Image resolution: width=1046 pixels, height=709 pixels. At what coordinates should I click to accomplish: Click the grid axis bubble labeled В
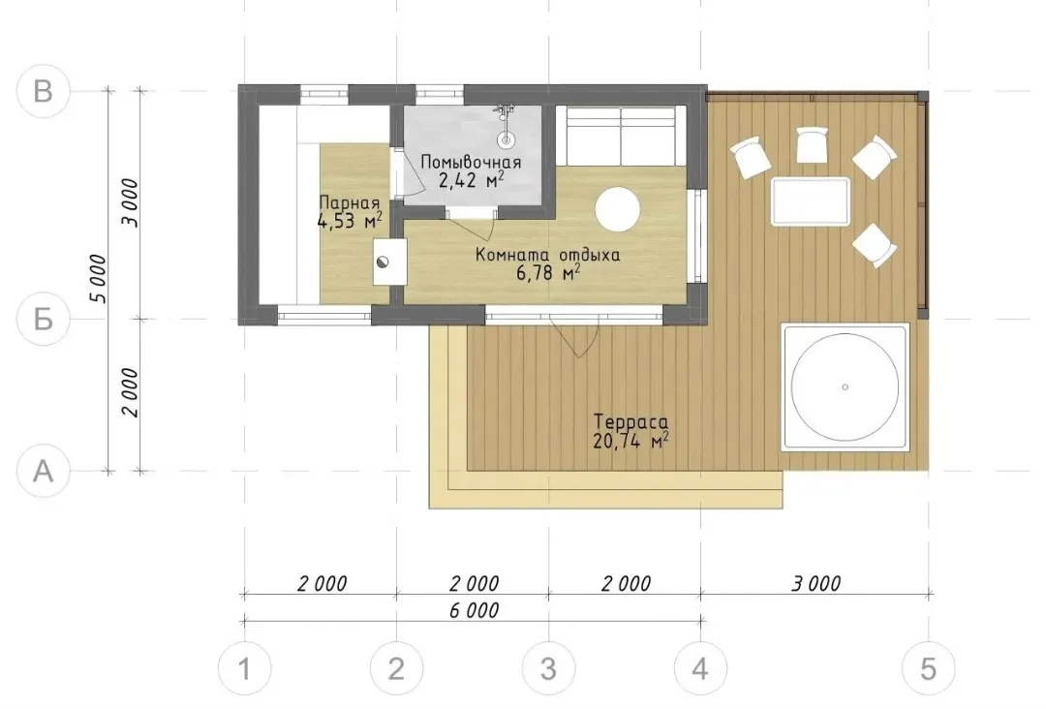pos(44,91)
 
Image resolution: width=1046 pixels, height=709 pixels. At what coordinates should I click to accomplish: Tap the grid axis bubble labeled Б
pos(44,319)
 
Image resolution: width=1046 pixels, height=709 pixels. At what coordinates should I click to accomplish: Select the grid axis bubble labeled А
pos(44,471)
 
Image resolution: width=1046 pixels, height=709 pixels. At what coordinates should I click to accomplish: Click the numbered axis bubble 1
pos(245,668)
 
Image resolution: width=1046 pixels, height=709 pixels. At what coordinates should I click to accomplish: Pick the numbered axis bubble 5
pos(928,668)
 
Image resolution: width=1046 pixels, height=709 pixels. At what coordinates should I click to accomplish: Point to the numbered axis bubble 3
pos(548,668)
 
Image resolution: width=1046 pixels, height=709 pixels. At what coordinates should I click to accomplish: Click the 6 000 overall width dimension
pos(474,610)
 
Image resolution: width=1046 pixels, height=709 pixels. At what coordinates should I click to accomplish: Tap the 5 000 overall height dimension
pos(99,279)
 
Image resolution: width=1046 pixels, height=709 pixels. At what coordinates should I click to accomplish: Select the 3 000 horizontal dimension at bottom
pos(815,584)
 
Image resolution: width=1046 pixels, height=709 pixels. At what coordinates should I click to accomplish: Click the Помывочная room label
pos(471,162)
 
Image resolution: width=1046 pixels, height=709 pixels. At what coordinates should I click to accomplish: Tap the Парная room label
pos(349,202)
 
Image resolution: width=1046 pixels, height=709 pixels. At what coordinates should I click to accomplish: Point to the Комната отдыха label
pos(547,255)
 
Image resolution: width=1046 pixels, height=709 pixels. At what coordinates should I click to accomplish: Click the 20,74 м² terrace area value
pos(631,440)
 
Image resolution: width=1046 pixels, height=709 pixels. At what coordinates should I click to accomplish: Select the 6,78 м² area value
pos(547,272)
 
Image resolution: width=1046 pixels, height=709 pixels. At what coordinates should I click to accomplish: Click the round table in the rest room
pos(618,209)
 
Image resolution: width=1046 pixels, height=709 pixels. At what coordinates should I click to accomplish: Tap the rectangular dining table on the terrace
pos(812,201)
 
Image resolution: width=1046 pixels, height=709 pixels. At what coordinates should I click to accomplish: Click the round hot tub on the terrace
pos(846,386)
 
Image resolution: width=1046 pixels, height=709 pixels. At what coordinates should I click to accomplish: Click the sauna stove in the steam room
pos(389,262)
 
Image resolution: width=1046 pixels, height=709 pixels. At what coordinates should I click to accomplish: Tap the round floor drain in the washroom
pos(507,140)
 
